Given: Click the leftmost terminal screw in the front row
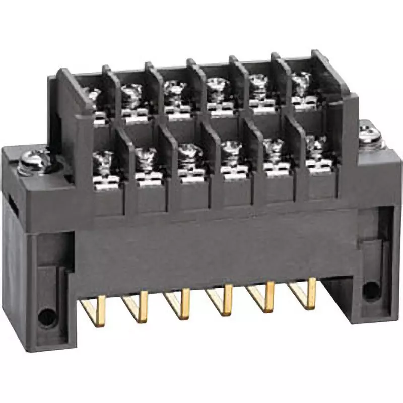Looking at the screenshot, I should click(105, 161).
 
